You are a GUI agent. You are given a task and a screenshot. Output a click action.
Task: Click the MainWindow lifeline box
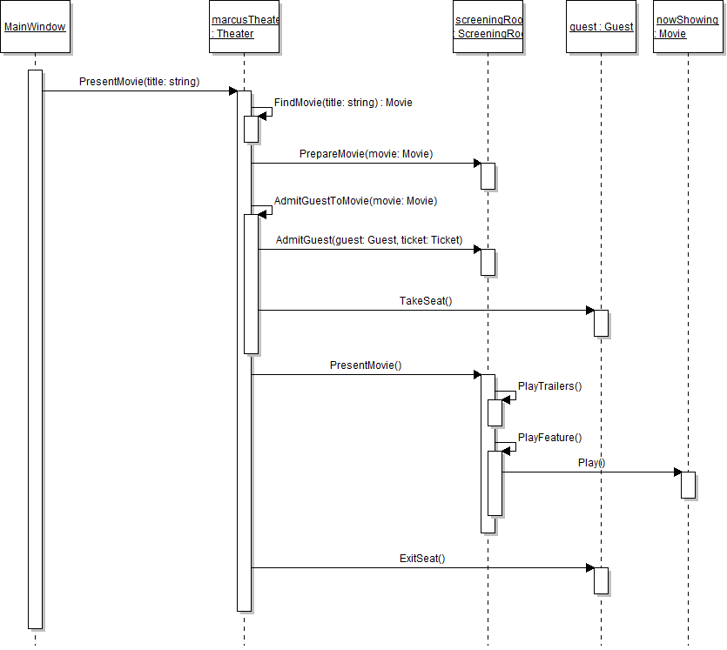point(35,27)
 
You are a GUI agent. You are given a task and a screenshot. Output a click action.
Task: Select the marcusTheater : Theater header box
point(244,27)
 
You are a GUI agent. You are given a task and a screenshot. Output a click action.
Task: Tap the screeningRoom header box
point(488,27)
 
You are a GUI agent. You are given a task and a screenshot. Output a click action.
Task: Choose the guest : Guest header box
point(601,27)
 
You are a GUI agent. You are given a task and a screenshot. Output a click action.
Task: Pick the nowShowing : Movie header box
point(687,27)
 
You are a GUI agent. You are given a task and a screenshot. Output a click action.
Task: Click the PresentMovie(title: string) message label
point(139,82)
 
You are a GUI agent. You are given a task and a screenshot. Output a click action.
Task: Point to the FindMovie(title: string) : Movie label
point(343,103)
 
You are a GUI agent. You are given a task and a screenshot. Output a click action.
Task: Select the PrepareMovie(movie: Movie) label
point(366,154)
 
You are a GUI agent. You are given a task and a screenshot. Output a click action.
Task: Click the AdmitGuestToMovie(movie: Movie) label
point(355,201)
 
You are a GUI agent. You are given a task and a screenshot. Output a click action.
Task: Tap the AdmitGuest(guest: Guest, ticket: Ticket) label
point(369,240)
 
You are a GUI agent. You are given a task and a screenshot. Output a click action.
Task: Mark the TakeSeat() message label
point(426,301)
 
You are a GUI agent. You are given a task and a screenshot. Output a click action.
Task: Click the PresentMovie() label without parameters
point(366,365)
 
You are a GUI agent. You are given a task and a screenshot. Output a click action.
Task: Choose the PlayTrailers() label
point(549,386)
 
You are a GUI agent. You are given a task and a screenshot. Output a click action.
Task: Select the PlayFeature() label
point(549,438)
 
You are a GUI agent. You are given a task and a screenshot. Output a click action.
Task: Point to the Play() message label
point(591,463)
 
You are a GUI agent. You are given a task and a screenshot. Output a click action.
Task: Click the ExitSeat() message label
point(422,559)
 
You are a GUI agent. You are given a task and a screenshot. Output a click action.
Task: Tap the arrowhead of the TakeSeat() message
point(589,311)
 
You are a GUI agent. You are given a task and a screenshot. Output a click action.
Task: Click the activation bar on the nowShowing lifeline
point(688,485)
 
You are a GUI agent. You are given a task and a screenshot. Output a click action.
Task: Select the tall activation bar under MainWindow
point(35,348)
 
